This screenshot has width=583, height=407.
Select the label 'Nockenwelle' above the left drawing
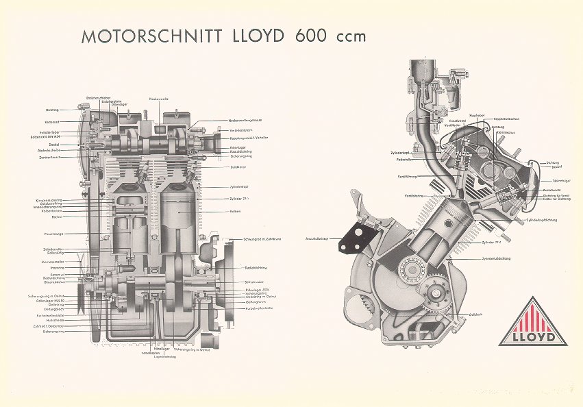tap(159, 100)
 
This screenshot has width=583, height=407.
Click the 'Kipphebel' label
tap(477, 114)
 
